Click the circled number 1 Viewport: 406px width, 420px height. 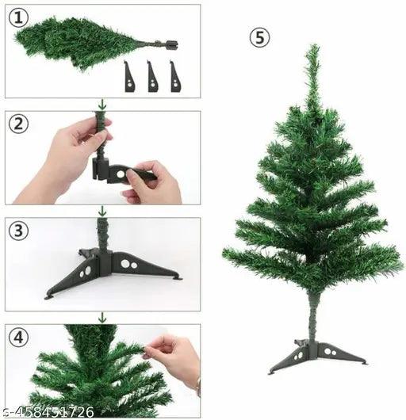click(x=18, y=18)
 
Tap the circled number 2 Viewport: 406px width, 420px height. click(x=18, y=124)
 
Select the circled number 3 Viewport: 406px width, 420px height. click(x=18, y=231)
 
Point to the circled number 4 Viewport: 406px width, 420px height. click(x=18, y=338)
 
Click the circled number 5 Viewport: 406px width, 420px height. click(x=259, y=37)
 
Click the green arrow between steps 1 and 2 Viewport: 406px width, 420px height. click(x=102, y=104)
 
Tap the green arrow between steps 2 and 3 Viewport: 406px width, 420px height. click(x=102, y=211)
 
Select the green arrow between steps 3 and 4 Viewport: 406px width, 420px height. click(x=102, y=317)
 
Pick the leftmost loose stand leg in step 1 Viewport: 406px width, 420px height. click(x=129, y=77)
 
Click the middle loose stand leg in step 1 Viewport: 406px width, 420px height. click(x=152, y=77)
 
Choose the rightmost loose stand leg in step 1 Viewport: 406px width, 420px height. click(x=175, y=77)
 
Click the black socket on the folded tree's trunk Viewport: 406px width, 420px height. click(x=172, y=44)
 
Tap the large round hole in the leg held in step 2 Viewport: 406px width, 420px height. click(x=121, y=174)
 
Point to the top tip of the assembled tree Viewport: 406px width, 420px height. click(x=313, y=45)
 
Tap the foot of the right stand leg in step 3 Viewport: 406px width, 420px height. click(x=178, y=278)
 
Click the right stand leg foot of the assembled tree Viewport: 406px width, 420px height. click(x=363, y=363)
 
